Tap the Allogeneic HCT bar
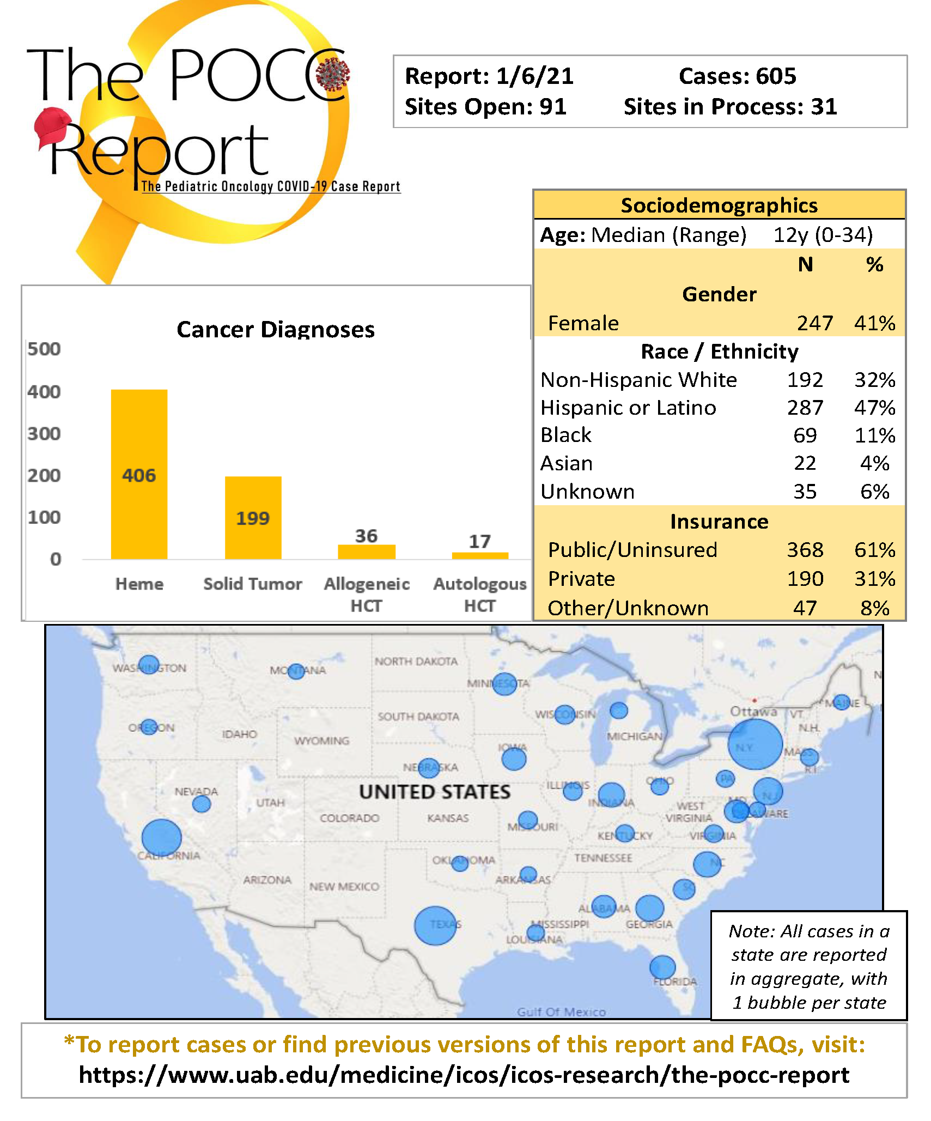point(366,551)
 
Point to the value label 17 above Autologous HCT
point(479,541)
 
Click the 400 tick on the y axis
point(44,391)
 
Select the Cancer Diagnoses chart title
point(276,329)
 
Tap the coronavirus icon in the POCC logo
point(333,74)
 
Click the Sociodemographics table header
point(719,205)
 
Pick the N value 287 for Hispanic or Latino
point(805,407)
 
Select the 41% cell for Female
point(874,323)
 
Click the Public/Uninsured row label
point(632,550)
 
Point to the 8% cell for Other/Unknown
point(874,608)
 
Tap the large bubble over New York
point(754,744)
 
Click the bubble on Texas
point(435,925)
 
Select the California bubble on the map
point(161,838)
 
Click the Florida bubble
point(662,967)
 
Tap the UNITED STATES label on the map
point(435,791)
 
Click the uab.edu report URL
point(464,1075)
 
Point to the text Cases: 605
point(737,76)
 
